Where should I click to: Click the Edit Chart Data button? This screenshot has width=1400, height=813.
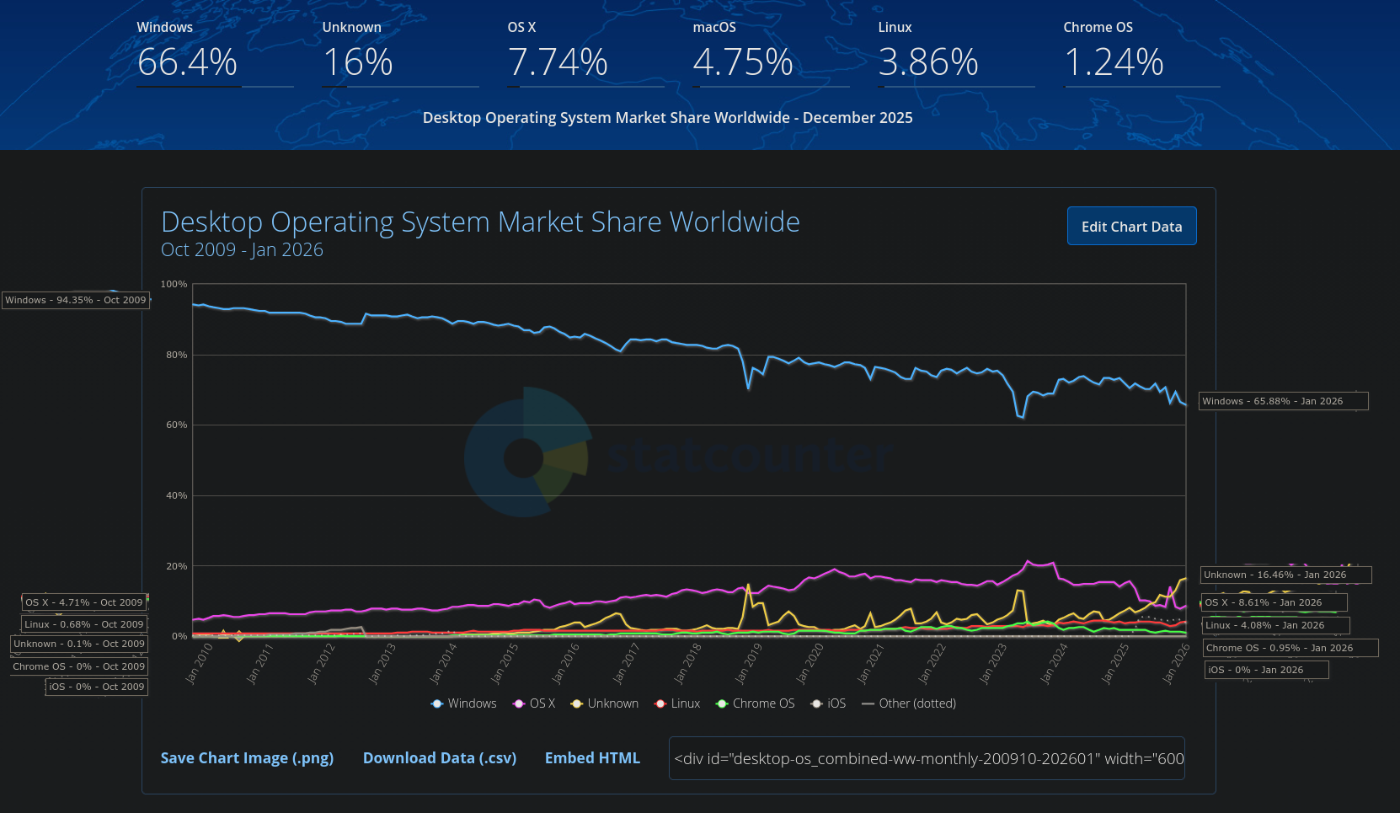[1131, 227]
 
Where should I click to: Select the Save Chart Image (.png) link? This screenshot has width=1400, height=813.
[247, 758]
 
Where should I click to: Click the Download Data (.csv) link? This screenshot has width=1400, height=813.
[439, 758]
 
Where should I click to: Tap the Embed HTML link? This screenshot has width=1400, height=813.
[592, 758]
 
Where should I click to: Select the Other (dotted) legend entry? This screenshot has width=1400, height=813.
[909, 703]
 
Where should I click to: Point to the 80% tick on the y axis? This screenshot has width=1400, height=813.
[177, 356]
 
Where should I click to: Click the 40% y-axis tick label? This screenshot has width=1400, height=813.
[177, 496]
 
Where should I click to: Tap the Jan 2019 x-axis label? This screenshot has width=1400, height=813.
[748, 664]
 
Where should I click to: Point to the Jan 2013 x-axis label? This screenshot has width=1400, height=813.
[382, 664]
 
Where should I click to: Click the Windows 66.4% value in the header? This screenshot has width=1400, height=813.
[187, 62]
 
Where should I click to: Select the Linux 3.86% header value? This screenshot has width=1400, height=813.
[928, 62]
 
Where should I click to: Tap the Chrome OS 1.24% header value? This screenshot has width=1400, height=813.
[1114, 62]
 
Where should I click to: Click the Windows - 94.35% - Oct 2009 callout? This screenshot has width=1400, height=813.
[76, 300]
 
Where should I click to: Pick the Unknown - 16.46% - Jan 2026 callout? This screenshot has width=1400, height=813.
[1285, 575]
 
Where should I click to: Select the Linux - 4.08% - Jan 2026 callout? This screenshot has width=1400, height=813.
[1275, 625]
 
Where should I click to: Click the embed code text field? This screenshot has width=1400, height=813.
[927, 758]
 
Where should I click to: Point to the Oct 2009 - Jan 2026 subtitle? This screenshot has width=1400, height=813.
[242, 250]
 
